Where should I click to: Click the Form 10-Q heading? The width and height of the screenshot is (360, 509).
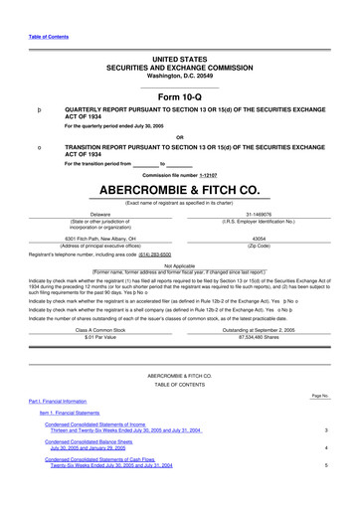pos(179,95)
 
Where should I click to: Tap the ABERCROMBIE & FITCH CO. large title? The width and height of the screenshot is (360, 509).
pos(179,188)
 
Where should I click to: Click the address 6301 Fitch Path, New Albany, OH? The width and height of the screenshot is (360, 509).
pos(100,237)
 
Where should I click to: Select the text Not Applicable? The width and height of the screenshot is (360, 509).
pos(179,265)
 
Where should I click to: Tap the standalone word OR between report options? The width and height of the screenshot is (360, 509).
pos(179,137)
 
